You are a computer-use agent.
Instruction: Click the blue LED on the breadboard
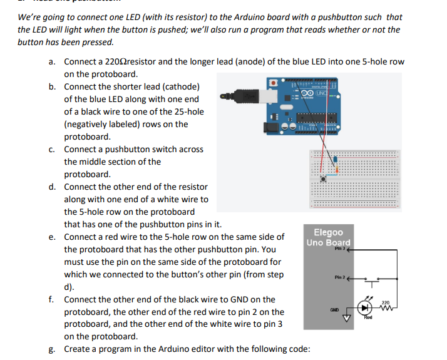tap(336, 158)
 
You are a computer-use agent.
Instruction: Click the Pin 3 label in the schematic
tap(339, 249)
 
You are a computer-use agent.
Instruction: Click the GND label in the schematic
tap(336, 309)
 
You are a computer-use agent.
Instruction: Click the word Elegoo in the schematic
tap(329, 232)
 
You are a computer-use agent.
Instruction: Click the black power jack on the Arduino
tap(270, 127)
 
